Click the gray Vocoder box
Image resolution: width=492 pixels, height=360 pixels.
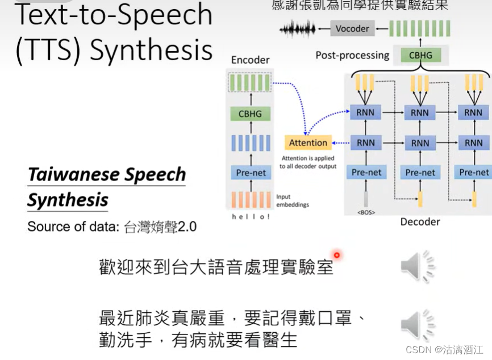[x=352, y=28]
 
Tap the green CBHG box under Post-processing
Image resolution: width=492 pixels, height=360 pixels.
[x=420, y=55]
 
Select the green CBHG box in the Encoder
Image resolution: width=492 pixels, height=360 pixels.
[x=250, y=114]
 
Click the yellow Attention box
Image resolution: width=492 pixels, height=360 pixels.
[x=308, y=143]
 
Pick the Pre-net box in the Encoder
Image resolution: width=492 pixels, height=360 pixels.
[x=251, y=173]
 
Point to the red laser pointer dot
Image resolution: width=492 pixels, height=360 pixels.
[x=337, y=256]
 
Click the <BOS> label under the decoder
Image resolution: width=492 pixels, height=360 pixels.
[x=366, y=212]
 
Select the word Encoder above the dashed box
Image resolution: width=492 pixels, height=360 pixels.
[x=251, y=60]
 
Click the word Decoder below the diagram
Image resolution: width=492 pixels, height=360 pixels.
[x=420, y=221]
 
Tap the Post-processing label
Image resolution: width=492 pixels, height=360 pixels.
[x=352, y=55]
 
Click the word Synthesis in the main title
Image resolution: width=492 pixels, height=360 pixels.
[x=151, y=50]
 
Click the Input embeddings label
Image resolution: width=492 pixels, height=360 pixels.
[x=292, y=200]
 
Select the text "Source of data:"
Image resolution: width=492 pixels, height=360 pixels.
[x=73, y=227]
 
